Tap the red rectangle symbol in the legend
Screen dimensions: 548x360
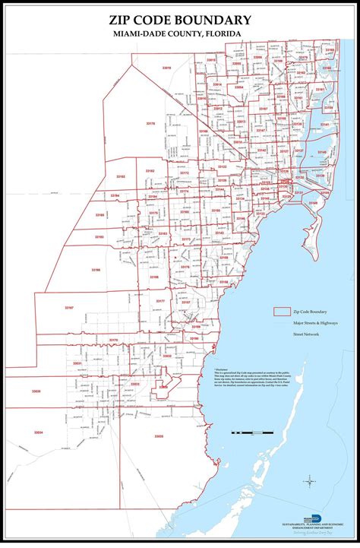(282, 312)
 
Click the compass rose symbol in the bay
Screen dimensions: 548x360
(311, 480)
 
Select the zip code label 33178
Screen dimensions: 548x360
(150, 123)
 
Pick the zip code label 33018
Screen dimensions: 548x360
(166, 68)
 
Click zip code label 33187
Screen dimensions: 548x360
(69, 308)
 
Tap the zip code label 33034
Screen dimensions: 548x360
(39, 432)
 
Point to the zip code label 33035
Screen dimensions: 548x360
(159, 436)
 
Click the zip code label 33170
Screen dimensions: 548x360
(113, 340)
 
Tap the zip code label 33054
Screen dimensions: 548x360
(238, 88)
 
